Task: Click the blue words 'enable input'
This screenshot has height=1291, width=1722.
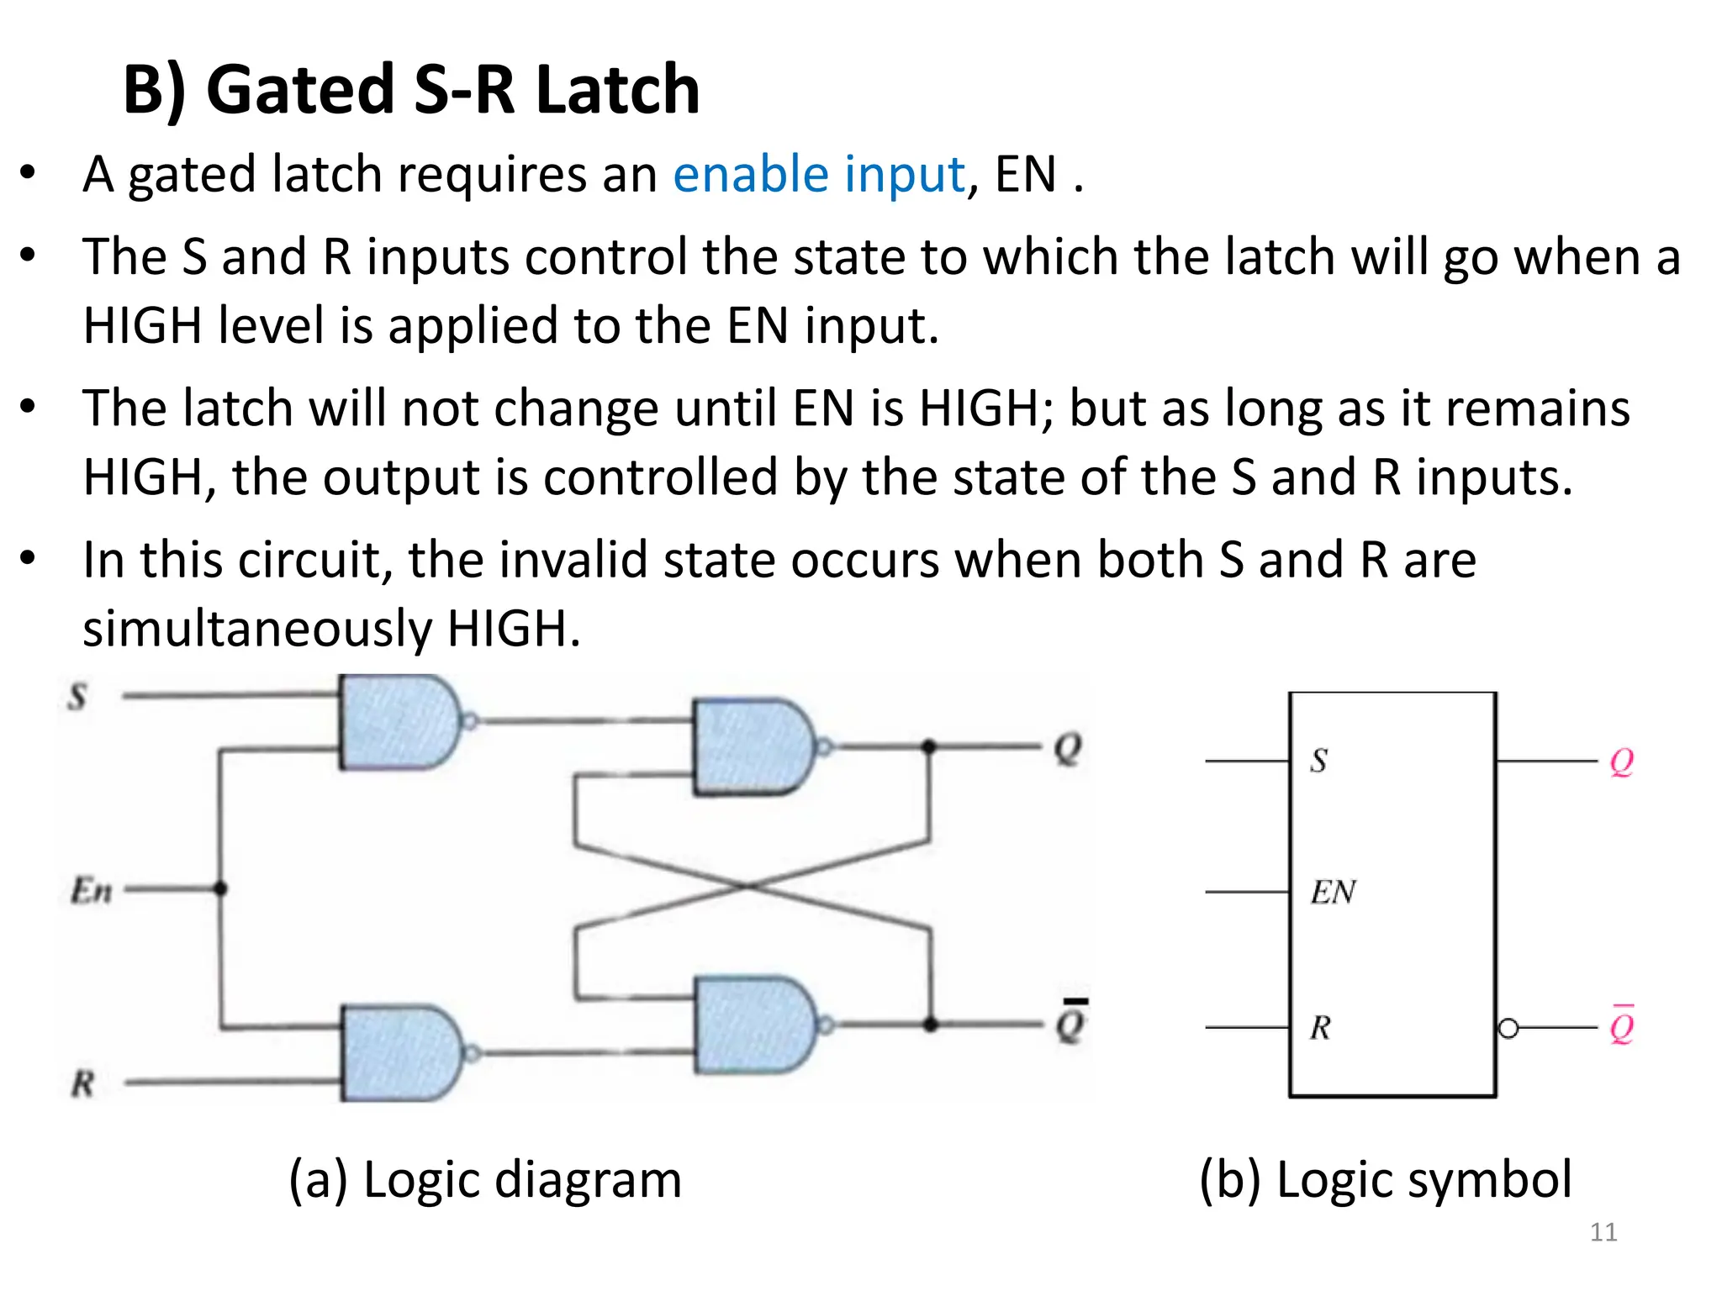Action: click(x=818, y=175)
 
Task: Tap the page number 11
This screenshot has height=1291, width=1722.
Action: click(x=1603, y=1232)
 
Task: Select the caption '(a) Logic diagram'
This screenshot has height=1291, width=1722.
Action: click(x=485, y=1179)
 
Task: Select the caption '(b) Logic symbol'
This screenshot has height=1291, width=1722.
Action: click(x=1385, y=1179)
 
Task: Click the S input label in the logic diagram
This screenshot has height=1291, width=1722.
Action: click(x=77, y=697)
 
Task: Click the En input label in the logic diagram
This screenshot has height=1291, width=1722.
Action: click(x=91, y=890)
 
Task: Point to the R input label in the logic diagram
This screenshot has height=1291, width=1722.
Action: click(x=82, y=1083)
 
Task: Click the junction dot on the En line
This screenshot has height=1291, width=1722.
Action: click(x=220, y=888)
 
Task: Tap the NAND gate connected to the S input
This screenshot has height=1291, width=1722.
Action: click(x=399, y=722)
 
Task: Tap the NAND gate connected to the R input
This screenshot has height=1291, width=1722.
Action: click(x=400, y=1053)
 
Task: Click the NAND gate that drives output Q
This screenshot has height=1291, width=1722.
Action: click(x=752, y=746)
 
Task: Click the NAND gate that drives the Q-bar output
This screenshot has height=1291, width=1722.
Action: click(x=753, y=1025)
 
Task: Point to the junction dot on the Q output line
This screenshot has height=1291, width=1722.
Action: click(x=928, y=746)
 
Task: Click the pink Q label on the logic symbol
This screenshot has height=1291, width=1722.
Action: click(x=1622, y=761)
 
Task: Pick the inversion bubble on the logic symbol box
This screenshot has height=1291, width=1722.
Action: click(x=1508, y=1028)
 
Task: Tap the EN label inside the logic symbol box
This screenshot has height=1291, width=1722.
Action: click(x=1334, y=892)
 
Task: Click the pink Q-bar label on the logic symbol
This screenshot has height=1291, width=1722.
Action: click(x=1622, y=1025)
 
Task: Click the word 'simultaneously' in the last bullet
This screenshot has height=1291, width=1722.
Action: click(x=257, y=629)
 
